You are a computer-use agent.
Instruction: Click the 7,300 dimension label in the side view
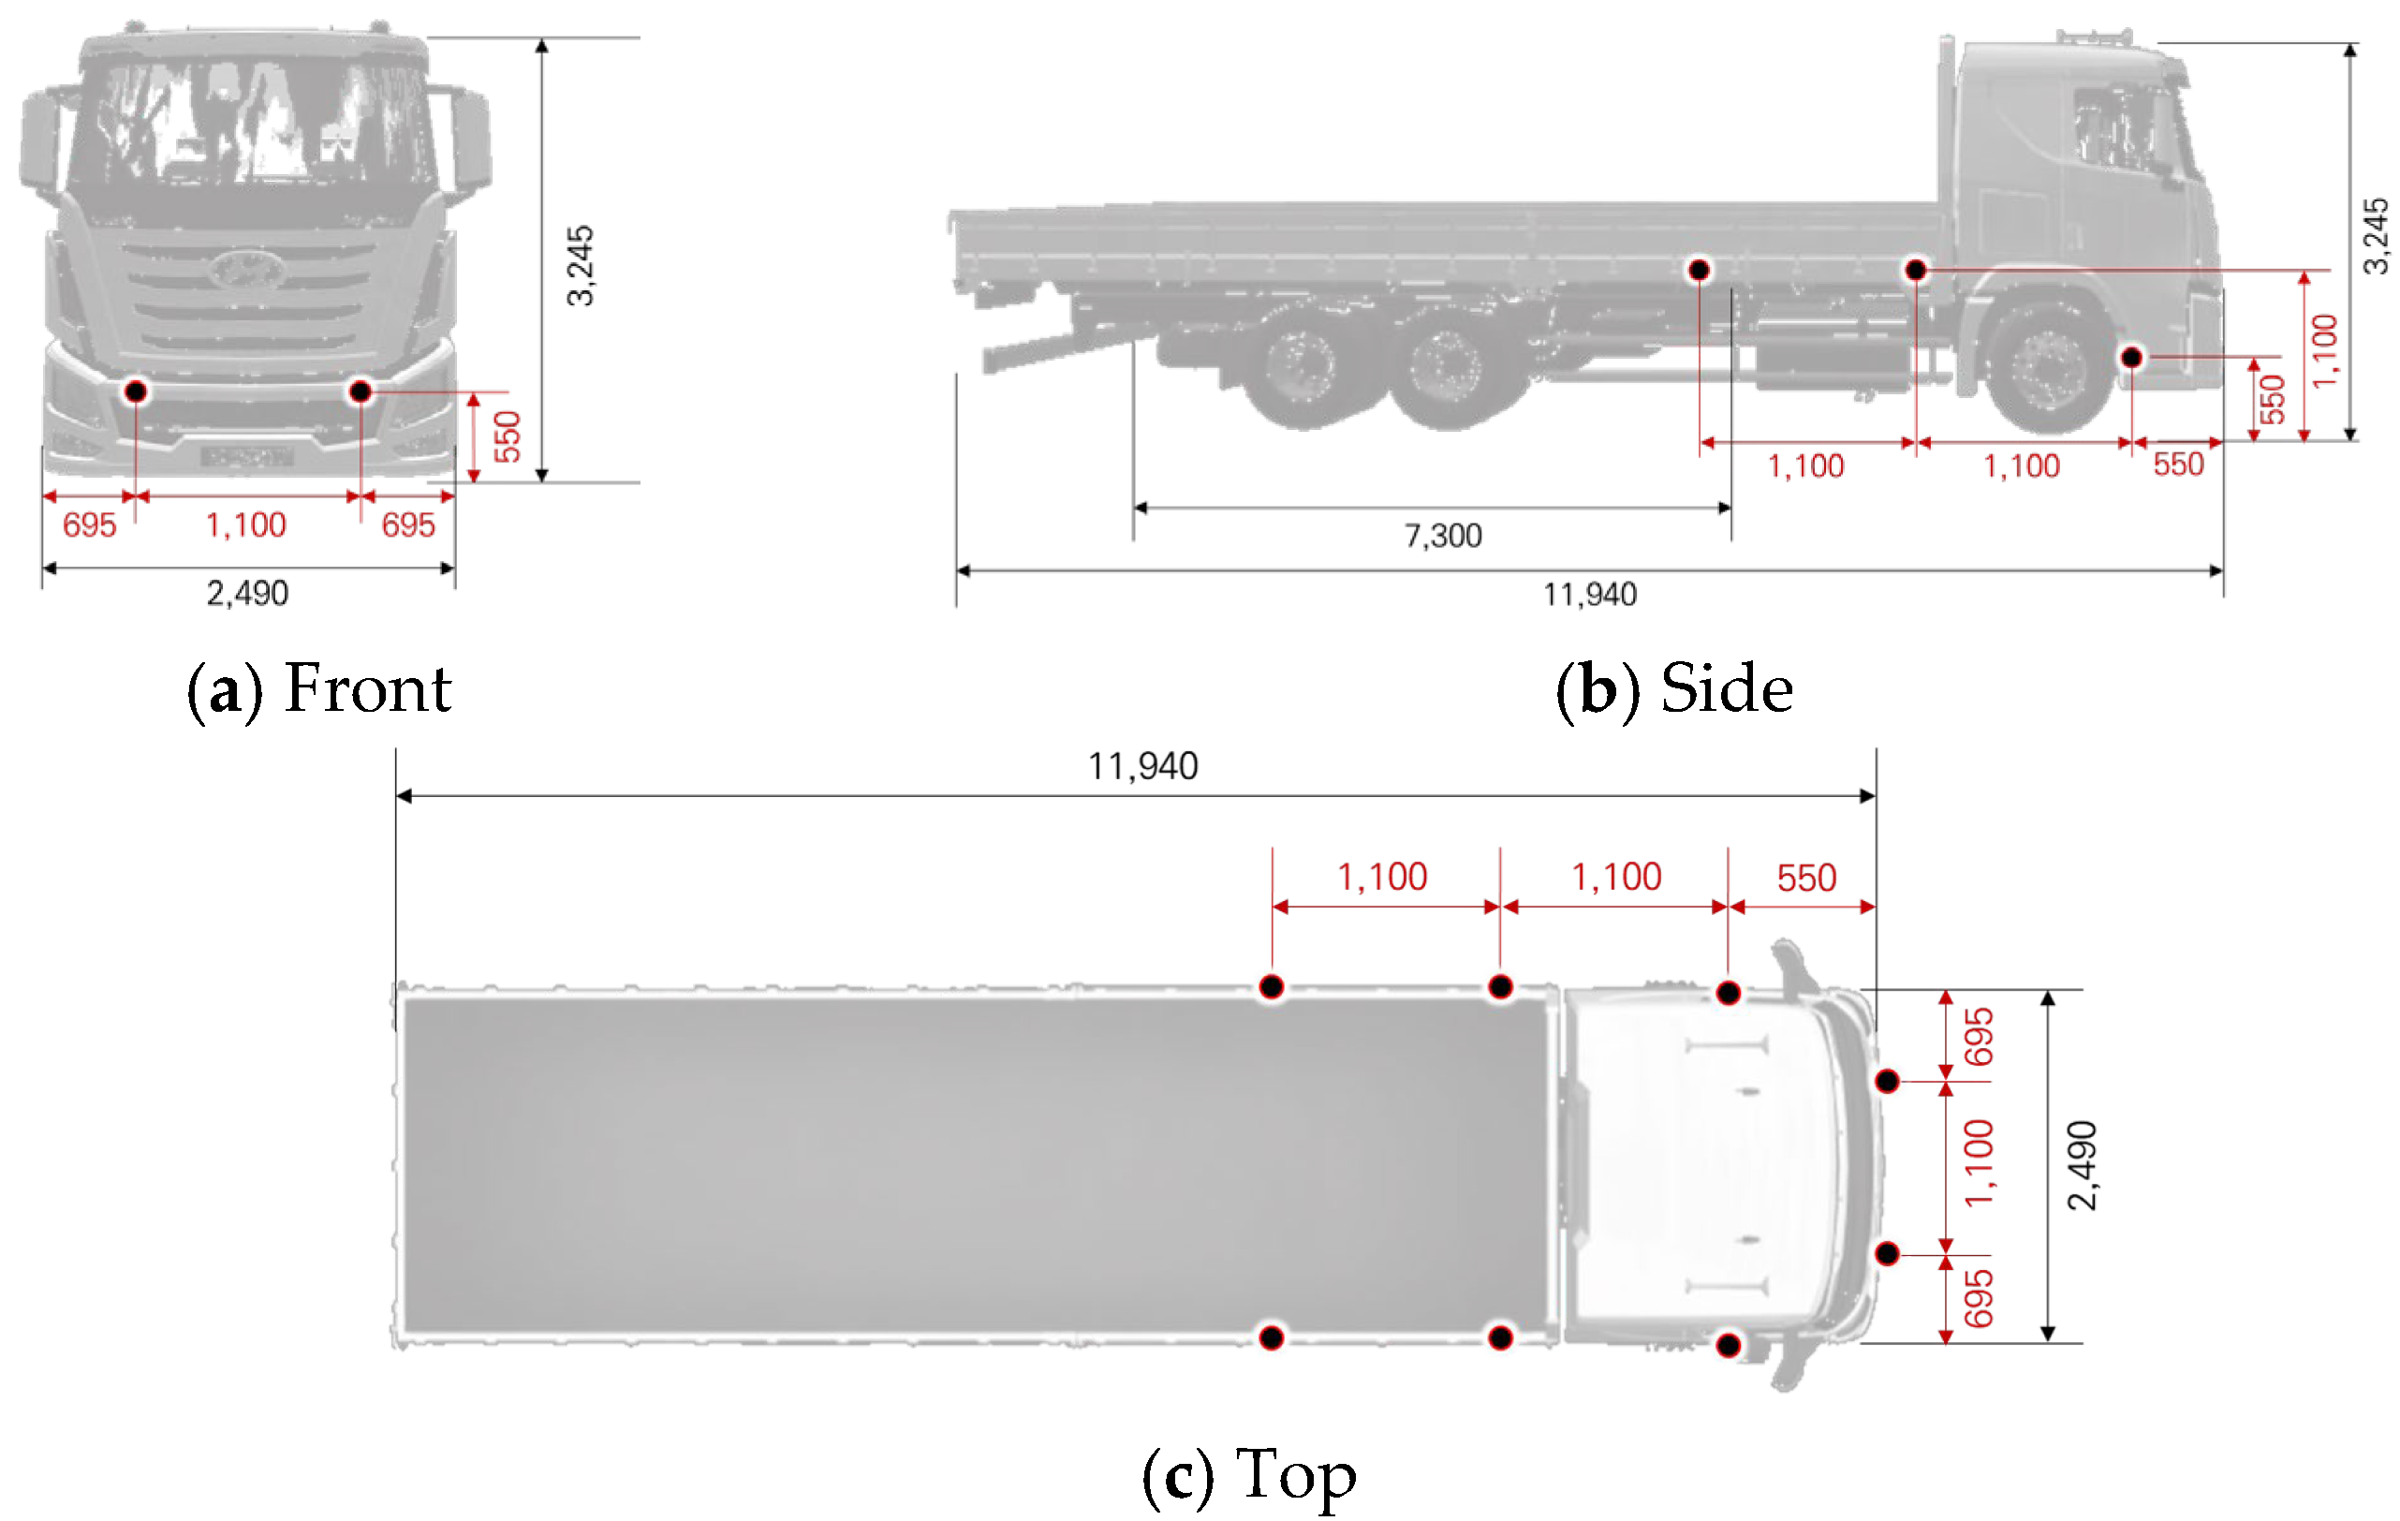pyautogui.click(x=1442, y=537)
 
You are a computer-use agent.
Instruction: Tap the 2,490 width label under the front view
pyautogui.click(x=247, y=594)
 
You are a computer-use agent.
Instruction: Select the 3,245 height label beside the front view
pyautogui.click(x=580, y=265)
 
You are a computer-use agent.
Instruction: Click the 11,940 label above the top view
pyautogui.click(x=1142, y=766)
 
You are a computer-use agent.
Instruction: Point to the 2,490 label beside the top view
pyautogui.click(x=2082, y=1165)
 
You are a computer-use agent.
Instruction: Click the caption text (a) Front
pyautogui.click(x=319, y=688)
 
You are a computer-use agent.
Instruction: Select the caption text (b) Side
pyautogui.click(x=1673, y=688)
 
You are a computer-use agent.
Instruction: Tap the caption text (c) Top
pyautogui.click(x=1249, y=1475)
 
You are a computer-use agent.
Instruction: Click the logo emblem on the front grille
pyautogui.click(x=246, y=269)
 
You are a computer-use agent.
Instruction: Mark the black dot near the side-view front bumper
pyautogui.click(x=2131, y=357)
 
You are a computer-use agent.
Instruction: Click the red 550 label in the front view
pyautogui.click(x=508, y=436)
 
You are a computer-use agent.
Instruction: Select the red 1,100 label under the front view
pyautogui.click(x=245, y=525)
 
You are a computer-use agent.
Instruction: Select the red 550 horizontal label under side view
pyautogui.click(x=2178, y=465)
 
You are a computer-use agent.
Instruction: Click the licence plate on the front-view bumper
pyautogui.click(x=246, y=457)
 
